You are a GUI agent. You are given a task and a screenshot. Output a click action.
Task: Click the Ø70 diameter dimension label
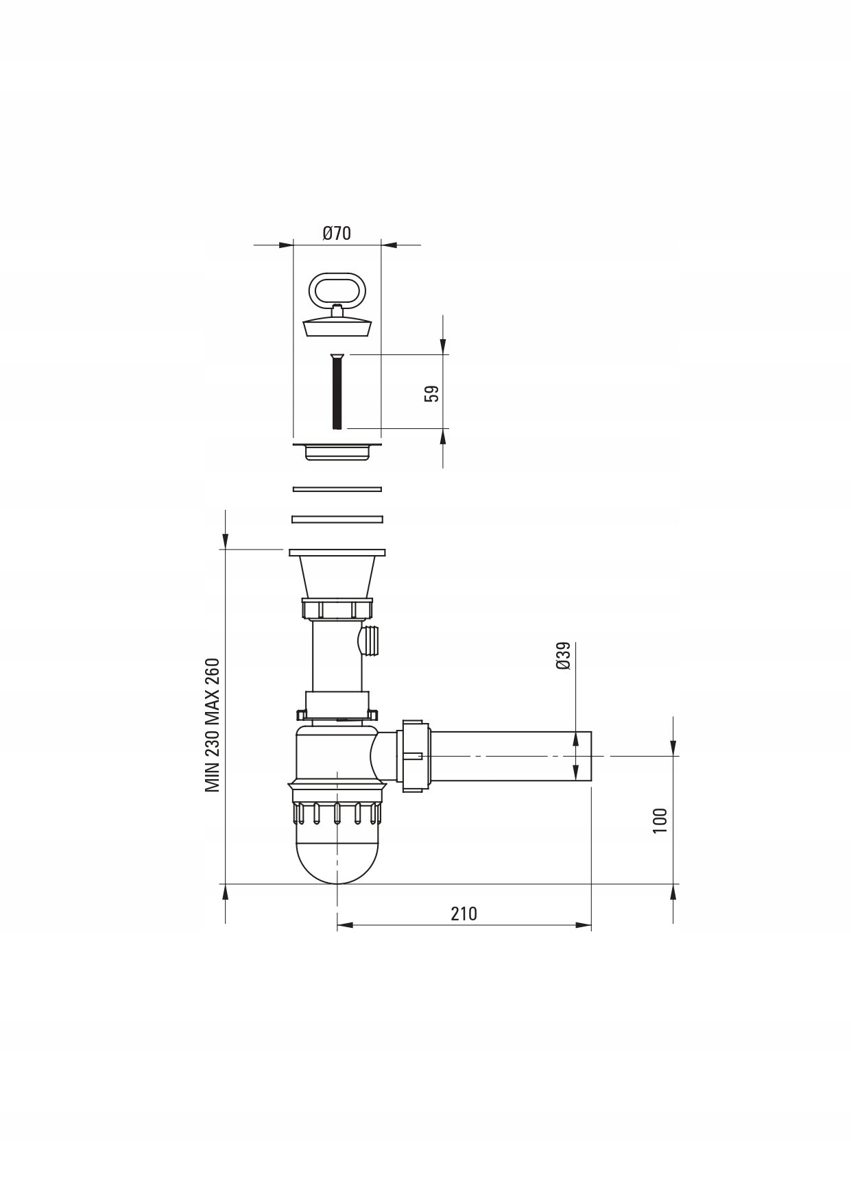pos(337,233)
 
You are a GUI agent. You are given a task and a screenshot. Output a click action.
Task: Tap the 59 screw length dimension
pos(431,393)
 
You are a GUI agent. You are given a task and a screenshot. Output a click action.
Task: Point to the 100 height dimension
pos(660,820)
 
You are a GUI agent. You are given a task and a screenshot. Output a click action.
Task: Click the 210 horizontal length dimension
pos(464,913)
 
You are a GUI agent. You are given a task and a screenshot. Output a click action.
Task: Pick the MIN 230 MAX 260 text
pos(213,726)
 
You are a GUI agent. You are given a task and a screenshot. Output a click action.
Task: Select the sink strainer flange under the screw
pos(337,451)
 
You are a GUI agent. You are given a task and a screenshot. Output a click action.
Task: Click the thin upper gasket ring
pos(337,489)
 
